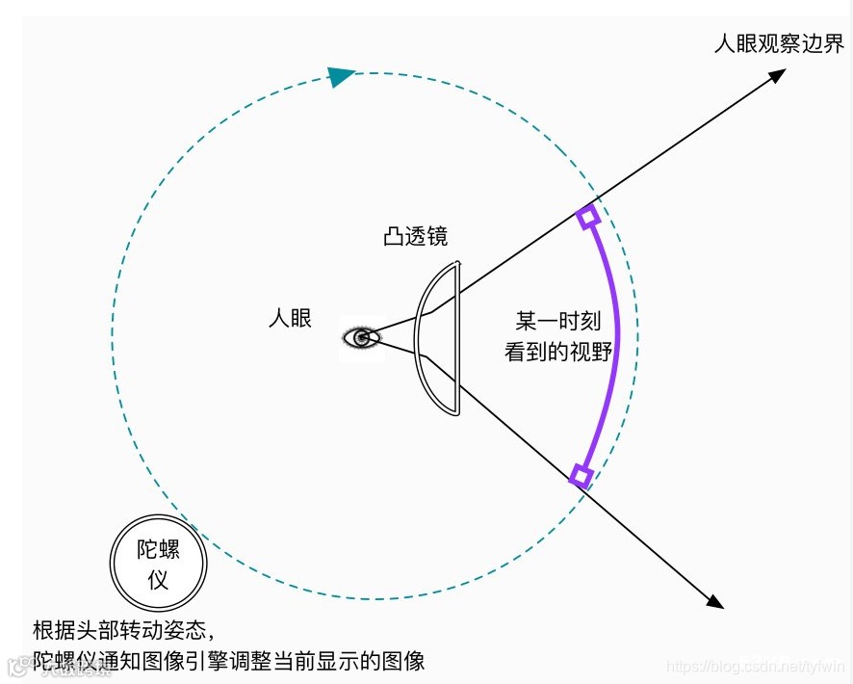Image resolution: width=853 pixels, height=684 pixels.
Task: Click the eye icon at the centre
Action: (362, 337)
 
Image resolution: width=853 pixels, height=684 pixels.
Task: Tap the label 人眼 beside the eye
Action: (290, 318)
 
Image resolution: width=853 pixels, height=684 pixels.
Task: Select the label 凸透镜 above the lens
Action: (415, 237)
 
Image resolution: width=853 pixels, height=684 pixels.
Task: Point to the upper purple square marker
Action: (587, 216)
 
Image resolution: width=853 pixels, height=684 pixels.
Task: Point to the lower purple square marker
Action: (581, 475)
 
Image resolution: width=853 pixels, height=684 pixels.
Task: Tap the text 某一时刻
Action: (558, 321)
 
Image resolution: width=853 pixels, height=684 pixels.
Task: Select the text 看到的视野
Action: (558, 352)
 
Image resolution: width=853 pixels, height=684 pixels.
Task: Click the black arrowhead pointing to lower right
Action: (713, 601)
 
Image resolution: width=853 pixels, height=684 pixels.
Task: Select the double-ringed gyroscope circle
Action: (158, 564)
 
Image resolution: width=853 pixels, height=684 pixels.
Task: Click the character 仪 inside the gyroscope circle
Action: (158, 580)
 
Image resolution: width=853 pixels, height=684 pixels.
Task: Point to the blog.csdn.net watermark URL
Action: (756, 667)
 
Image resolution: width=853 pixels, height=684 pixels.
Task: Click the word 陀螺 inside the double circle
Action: (159, 550)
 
